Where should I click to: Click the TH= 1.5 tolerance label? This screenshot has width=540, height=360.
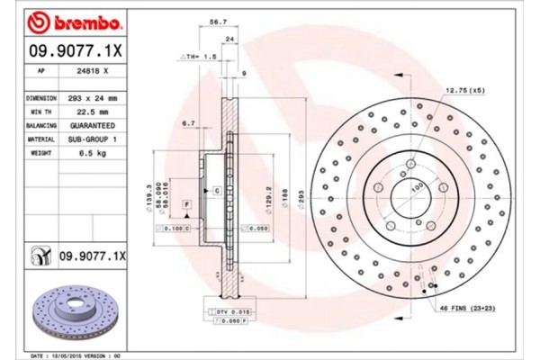pos(200,56)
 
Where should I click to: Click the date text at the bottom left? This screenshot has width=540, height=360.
pos(77,355)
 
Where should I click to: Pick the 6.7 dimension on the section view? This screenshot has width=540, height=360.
pos(189,122)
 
